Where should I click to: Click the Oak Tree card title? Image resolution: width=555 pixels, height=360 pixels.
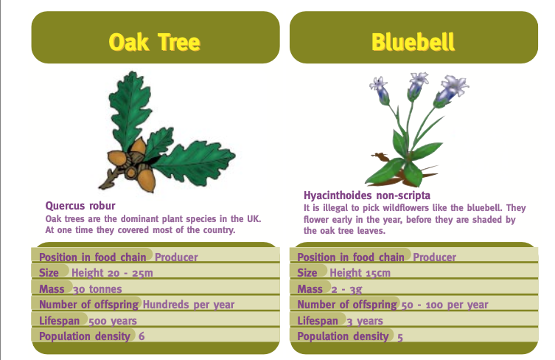(x=154, y=42)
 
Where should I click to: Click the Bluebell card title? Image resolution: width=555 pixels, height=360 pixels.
(x=413, y=42)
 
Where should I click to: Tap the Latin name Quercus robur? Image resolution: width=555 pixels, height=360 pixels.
(x=80, y=206)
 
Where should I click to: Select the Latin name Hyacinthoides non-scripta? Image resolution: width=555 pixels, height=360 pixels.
(x=367, y=195)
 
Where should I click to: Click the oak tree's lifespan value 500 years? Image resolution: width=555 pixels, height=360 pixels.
(x=113, y=321)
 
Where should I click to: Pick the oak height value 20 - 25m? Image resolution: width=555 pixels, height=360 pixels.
(x=113, y=273)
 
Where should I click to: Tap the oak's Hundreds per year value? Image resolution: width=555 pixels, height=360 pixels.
(x=189, y=305)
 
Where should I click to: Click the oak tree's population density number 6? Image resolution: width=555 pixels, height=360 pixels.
(x=141, y=337)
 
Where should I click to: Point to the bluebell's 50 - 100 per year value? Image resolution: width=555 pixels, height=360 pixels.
(x=444, y=305)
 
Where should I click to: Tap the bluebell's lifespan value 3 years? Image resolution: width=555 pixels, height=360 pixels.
(x=365, y=321)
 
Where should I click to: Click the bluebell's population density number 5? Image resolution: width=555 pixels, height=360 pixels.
(x=400, y=337)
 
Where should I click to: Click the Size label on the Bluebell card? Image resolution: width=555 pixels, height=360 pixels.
(x=307, y=273)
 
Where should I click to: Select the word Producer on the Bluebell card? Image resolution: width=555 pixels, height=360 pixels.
(x=434, y=257)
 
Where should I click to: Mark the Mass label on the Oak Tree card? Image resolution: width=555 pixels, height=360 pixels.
(x=52, y=289)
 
